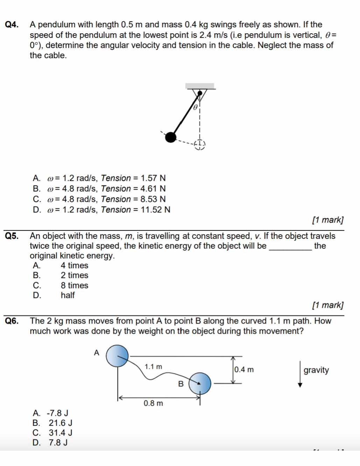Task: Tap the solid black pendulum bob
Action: (170, 137)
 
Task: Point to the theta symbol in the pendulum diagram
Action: (196, 106)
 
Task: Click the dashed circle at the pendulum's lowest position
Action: (199, 144)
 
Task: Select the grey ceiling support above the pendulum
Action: (200, 86)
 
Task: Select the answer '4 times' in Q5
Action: (74, 266)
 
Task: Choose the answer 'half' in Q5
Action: (68, 295)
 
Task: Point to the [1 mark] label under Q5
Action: (328, 305)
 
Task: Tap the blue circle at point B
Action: (200, 383)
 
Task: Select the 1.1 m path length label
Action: (154, 367)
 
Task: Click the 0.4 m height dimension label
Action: (244, 370)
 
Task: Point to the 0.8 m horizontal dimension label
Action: (154, 403)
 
